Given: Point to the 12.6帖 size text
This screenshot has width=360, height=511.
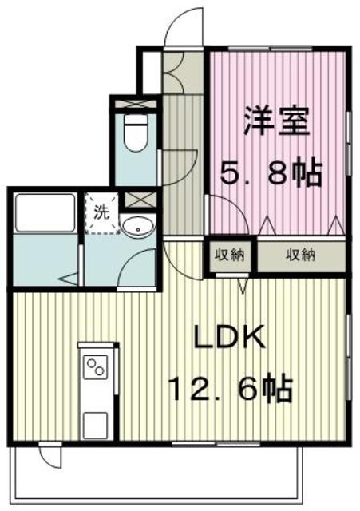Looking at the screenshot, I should pyautogui.click(x=230, y=389).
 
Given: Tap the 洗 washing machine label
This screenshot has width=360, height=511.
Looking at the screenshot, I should pyautogui.click(x=101, y=212).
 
